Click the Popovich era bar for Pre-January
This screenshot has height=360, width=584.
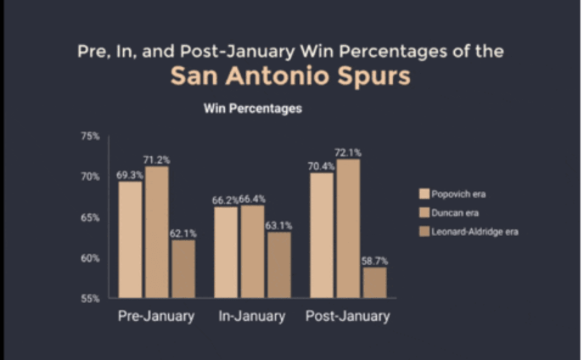pyautogui.click(x=130, y=239)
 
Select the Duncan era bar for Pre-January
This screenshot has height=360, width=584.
pyautogui.click(x=156, y=232)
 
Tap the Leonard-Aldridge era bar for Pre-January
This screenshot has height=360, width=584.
pyautogui.click(x=182, y=268)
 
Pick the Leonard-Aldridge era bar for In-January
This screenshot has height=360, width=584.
pyautogui.click(x=278, y=264)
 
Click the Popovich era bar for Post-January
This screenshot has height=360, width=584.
pyautogui.click(x=322, y=235)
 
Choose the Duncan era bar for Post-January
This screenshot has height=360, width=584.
pyautogui.click(x=348, y=228)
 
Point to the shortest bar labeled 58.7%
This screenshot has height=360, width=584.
pyautogui.click(x=374, y=282)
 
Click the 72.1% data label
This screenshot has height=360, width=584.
pyautogui.click(x=349, y=153)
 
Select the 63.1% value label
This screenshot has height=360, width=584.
pyautogui.click(x=279, y=225)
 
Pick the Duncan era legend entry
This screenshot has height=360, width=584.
pyautogui.click(x=459, y=212)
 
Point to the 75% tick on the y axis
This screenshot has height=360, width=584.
pyautogui.click(x=90, y=136)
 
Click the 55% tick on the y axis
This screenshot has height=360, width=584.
pyautogui.click(x=90, y=299)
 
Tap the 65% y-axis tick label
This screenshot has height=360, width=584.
pyautogui.click(x=90, y=217)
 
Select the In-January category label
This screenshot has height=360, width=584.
pyautogui.click(x=251, y=317)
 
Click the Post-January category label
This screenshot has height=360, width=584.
pyautogui.click(x=348, y=317)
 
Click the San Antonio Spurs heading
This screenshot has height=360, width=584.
pyautogui.click(x=290, y=76)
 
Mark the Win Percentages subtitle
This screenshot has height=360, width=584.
pyautogui.click(x=252, y=110)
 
